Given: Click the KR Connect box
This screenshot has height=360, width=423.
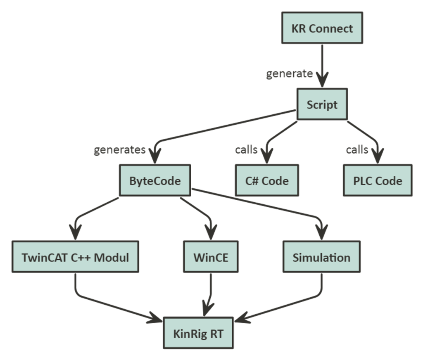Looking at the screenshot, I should (322, 28).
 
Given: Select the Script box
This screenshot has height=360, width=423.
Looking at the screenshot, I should (322, 104).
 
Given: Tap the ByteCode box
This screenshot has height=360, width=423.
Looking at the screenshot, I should (155, 181).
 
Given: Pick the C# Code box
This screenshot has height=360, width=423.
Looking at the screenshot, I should (266, 181).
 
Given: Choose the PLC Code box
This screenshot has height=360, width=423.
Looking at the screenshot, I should (378, 181).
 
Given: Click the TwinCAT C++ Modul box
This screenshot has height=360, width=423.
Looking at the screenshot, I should (75, 257).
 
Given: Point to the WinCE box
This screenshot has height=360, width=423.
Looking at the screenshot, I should (211, 257).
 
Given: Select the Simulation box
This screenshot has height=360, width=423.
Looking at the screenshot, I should (321, 257).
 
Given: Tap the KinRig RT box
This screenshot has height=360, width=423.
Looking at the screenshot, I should (198, 333).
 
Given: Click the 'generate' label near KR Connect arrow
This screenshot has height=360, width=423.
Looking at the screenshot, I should (289, 74).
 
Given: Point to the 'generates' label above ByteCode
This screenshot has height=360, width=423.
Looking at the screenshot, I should (120, 150).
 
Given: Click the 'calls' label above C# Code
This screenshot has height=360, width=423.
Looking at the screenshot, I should (247, 149).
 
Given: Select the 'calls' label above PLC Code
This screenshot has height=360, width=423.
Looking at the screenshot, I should (357, 149).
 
